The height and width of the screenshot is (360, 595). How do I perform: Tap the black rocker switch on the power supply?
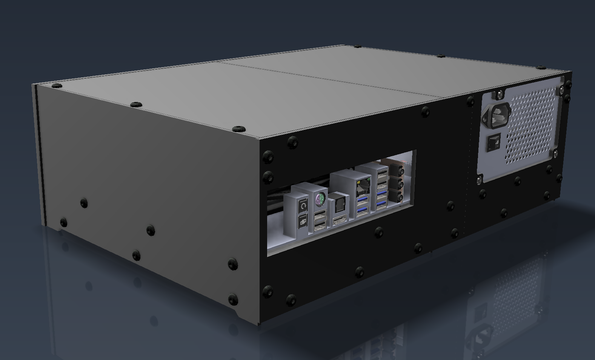pyautogui.click(x=493, y=143)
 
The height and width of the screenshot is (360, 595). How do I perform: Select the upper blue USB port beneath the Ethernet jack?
pyautogui.click(x=363, y=201)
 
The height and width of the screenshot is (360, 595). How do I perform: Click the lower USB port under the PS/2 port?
pyautogui.click(x=320, y=225)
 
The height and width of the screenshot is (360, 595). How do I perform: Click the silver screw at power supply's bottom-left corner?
pyautogui.click(x=480, y=180)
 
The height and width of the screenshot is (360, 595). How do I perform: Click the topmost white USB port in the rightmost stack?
pyautogui.click(x=382, y=174)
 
